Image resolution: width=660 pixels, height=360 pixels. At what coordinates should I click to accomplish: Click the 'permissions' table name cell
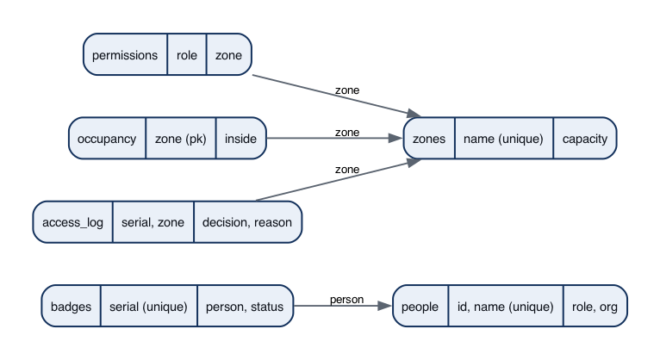[x=125, y=54]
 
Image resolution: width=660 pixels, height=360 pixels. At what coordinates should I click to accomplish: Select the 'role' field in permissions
[x=187, y=54]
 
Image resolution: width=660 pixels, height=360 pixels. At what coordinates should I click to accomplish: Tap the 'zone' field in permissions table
[x=229, y=54]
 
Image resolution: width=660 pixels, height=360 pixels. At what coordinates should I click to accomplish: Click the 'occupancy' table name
[x=107, y=139]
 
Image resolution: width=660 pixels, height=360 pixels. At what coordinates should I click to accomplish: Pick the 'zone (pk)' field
[x=181, y=139]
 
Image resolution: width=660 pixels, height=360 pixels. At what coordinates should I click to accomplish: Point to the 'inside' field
[x=240, y=139]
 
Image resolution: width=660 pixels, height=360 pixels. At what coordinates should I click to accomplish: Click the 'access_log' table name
[x=73, y=222]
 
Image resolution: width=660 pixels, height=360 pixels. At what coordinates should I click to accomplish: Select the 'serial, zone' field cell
[x=153, y=222]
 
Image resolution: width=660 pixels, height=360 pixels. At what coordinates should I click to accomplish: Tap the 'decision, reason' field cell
[x=247, y=222]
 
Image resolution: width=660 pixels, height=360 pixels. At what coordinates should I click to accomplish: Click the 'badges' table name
[x=72, y=306]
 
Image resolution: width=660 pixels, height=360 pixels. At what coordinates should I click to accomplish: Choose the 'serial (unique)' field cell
[x=148, y=306]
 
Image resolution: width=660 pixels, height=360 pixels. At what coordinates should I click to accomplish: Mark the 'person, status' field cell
[x=245, y=306]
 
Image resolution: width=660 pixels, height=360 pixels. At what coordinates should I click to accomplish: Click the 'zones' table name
[x=429, y=139]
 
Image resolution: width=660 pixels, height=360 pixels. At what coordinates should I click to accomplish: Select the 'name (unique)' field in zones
[x=503, y=139]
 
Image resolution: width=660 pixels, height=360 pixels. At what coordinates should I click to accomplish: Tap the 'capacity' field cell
[x=585, y=139]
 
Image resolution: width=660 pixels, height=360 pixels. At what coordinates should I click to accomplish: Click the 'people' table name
[x=420, y=306]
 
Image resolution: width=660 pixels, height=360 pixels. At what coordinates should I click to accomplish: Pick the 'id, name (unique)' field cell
[x=506, y=306]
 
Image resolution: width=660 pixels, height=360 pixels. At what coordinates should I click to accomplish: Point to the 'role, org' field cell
[x=595, y=306]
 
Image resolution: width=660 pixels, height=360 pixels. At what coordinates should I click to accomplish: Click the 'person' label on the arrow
[x=347, y=300]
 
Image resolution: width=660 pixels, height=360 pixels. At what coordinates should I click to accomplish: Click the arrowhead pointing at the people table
[x=385, y=306]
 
